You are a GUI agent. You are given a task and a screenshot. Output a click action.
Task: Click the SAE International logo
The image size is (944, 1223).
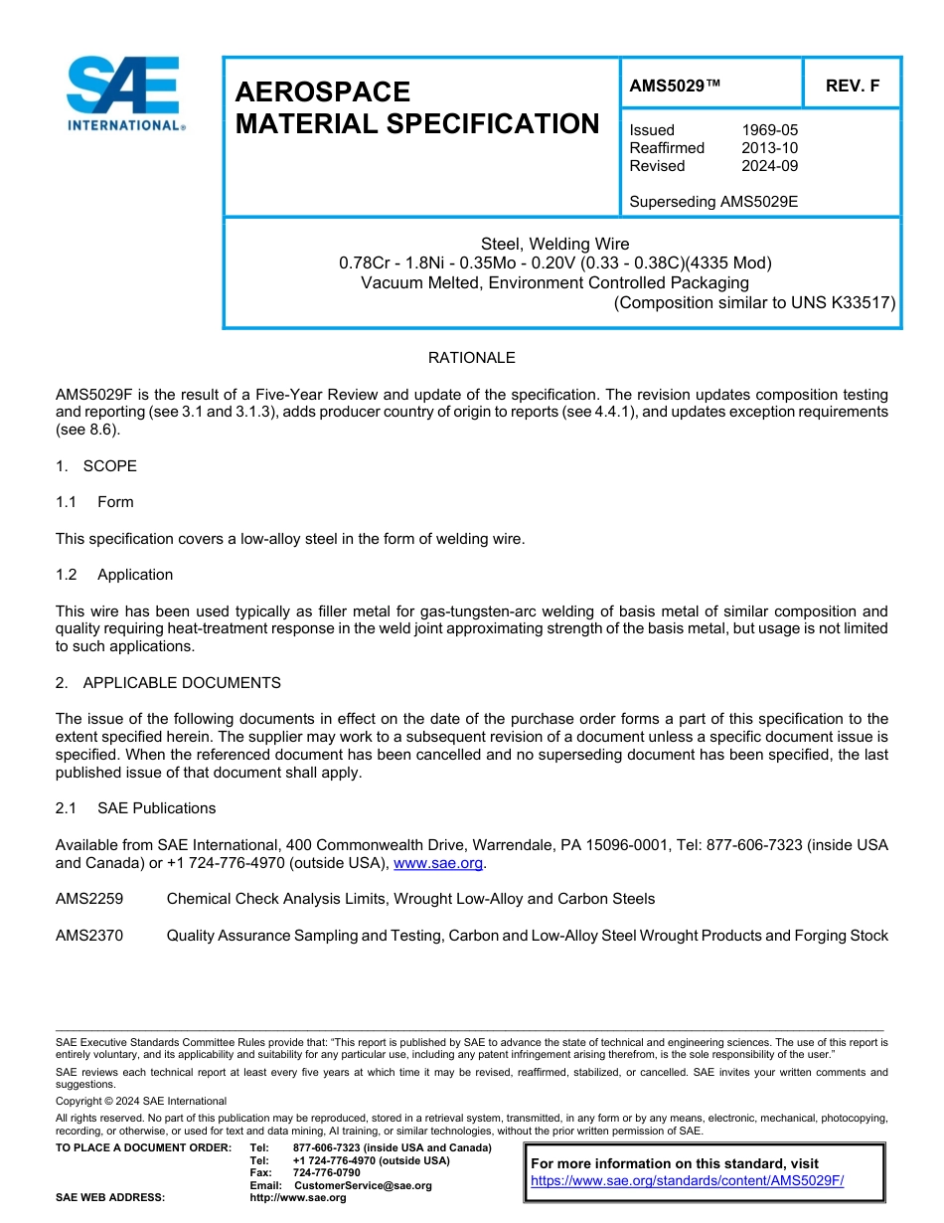[124, 93]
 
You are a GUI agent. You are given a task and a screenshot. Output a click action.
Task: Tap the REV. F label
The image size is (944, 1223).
[852, 87]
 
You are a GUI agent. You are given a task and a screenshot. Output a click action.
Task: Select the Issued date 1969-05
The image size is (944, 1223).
[769, 130]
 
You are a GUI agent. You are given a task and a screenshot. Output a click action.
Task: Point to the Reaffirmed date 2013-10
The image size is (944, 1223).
[769, 148]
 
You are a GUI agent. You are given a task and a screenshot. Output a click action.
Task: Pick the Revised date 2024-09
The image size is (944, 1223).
[769, 166]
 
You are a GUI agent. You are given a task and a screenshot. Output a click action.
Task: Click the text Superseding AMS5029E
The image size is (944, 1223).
[713, 202]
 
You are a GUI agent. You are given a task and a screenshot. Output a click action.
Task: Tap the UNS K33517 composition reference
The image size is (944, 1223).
[841, 303]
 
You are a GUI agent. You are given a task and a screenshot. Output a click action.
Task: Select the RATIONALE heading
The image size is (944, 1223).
[471, 358]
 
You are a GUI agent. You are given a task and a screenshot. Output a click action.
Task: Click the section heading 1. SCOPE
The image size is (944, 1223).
[96, 466]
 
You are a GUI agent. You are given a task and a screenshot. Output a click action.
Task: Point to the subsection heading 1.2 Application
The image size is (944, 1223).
[115, 575]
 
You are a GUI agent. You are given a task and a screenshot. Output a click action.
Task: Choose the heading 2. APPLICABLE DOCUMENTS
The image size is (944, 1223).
[168, 683]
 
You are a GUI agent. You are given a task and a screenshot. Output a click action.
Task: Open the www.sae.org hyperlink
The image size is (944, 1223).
[437, 863]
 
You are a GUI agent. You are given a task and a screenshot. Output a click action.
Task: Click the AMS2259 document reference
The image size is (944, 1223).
[89, 899]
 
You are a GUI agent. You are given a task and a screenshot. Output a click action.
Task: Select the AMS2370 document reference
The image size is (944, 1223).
[89, 936]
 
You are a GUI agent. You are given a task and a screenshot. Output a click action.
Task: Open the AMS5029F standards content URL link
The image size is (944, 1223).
[687, 1181]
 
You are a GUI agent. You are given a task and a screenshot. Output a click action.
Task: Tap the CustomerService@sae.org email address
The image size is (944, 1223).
[363, 1185]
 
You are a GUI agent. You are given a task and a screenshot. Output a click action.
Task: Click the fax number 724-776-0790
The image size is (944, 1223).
[327, 1173]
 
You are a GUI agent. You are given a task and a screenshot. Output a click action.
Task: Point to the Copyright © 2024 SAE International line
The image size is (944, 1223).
[141, 1101]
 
